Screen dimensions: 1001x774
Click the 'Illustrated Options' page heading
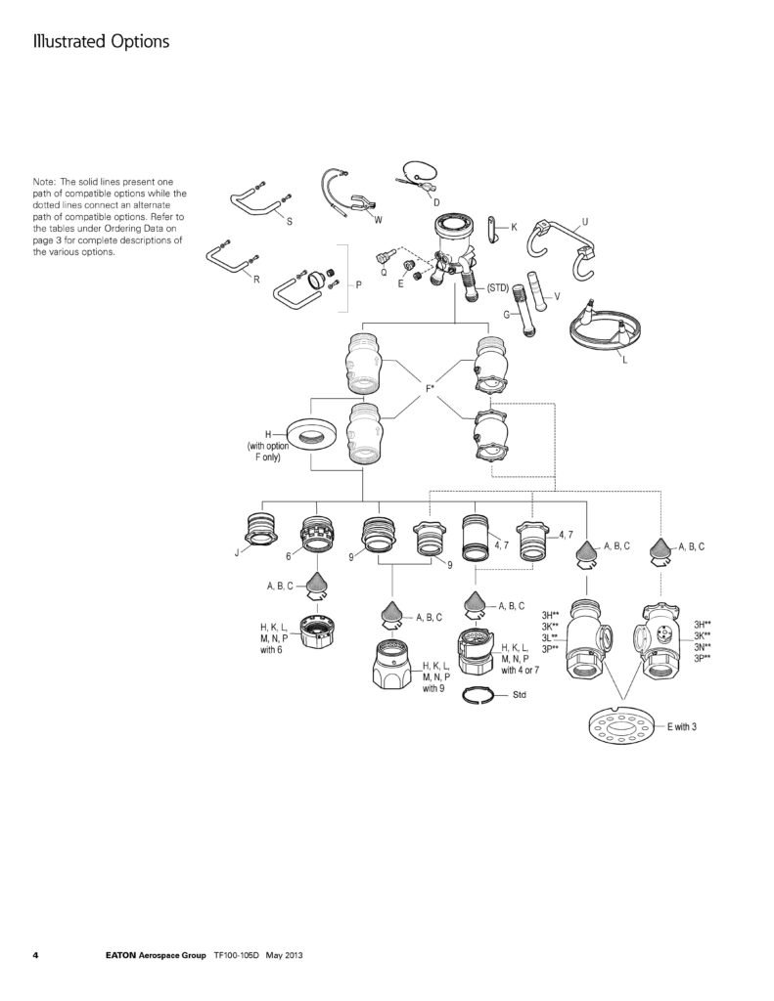coord(102,42)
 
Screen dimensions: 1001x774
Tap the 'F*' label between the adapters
coord(430,390)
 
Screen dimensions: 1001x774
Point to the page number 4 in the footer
coord(35,954)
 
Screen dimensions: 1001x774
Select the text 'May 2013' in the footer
coord(289,954)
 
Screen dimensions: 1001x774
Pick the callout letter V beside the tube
coord(556,296)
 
